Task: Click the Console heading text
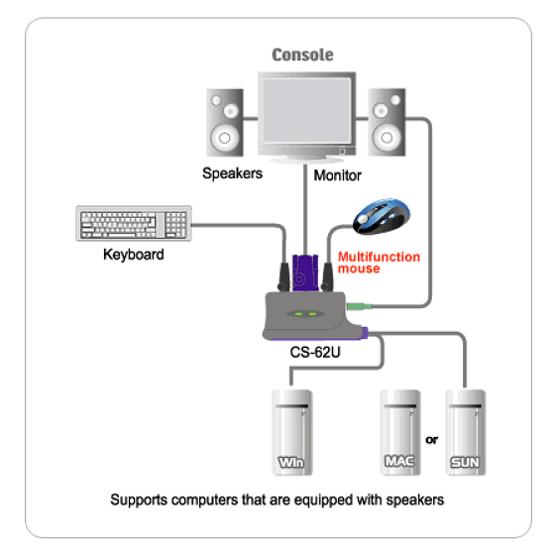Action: pos(302,56)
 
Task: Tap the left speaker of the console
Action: pos(225,123)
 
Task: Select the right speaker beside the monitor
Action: pos(387,122)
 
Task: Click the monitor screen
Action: pos(306,110)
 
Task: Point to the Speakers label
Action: pos(232,173)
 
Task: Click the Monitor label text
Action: pos(337,175)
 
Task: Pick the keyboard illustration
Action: pos(134,223)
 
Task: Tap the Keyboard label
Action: pos(134,255)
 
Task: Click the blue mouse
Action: pos(382,216)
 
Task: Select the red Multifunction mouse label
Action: pos(379,263)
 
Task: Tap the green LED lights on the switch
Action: pos(305,314)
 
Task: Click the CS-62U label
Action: pos(315,353)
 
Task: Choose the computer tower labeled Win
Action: pos(292,432)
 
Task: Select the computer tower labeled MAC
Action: pos(400,432)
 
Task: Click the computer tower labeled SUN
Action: pos(466,432)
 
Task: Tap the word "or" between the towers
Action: pos(431,440)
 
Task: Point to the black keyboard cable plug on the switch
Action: pos(283,277)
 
